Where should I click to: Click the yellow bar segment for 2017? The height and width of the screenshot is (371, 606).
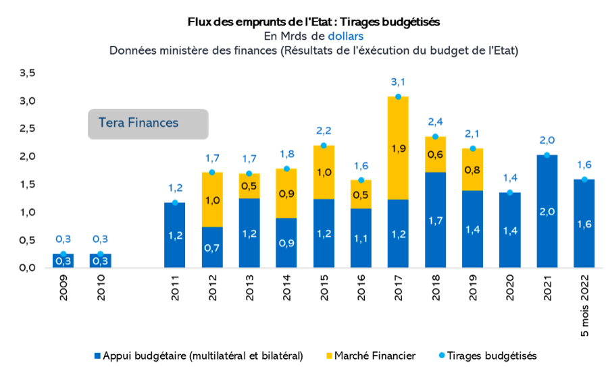[398, 148]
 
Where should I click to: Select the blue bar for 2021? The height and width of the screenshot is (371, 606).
[547, 211]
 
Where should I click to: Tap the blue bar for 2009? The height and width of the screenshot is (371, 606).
[64, 260]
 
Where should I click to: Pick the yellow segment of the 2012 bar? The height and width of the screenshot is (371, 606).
[212, 200]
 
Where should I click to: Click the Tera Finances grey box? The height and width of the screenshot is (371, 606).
[148, 123]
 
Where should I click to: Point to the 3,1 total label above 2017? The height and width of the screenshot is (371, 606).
[398, 82]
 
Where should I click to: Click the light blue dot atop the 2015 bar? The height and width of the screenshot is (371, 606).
[324, 146]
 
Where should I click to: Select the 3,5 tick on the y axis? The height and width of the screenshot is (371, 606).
[27, 73]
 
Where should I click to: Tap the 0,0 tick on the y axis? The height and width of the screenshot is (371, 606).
[27, 268]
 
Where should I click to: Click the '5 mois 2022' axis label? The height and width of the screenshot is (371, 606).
[584, 311]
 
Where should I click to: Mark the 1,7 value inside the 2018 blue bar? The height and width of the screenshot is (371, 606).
[435, 219]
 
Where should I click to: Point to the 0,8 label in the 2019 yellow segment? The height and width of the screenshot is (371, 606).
[472, 169]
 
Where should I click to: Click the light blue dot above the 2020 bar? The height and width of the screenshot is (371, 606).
[509, 193]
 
